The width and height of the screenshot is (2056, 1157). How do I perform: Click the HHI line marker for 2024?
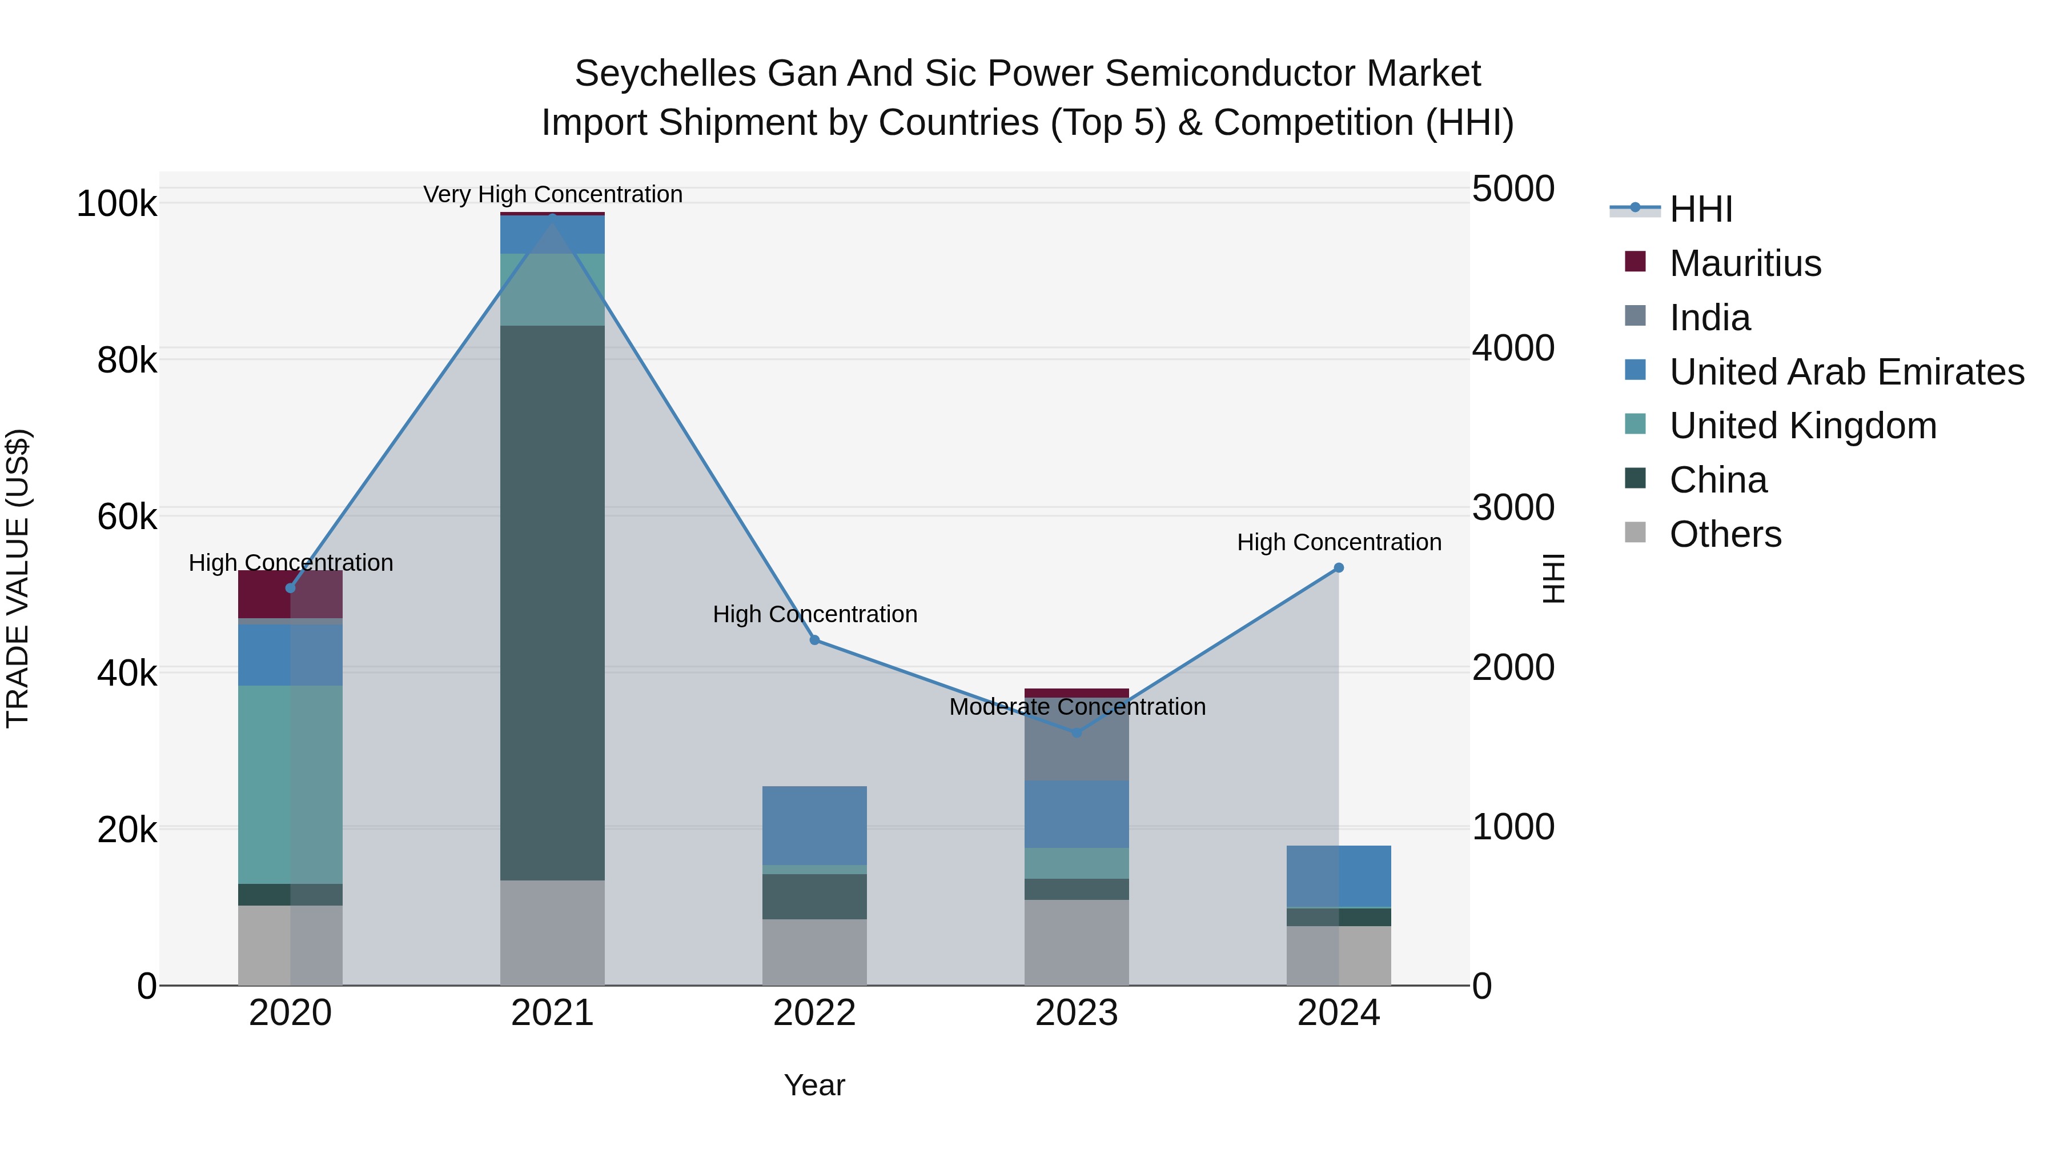click(1339, 568)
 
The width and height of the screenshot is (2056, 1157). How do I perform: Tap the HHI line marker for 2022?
click(814, 639)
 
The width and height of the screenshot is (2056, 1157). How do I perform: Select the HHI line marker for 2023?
click(1077, 732)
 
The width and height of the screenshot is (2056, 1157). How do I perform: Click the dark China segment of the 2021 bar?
click(552, 602)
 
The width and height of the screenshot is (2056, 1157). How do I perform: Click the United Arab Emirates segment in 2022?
click(814, 825)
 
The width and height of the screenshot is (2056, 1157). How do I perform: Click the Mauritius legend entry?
click(1745, 263)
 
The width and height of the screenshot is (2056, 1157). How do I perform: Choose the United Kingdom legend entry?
click(1802, 426)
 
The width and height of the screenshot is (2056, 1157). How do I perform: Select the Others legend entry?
click(1725, 534)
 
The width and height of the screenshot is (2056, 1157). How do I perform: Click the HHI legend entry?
click(1700, 209)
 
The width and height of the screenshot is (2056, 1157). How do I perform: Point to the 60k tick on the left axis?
click(127, 517)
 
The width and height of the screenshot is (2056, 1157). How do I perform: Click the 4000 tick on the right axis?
click(1512, 348)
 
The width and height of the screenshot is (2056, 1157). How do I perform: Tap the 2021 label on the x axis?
click(552, 1013)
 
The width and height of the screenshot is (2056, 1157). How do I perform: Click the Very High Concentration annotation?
click(552, 194)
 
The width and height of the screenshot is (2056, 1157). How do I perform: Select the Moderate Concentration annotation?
click(1077, 707)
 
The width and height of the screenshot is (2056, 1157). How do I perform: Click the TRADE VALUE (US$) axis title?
click(18, 578)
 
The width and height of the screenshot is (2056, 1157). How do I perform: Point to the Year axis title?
click(814, 1085)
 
